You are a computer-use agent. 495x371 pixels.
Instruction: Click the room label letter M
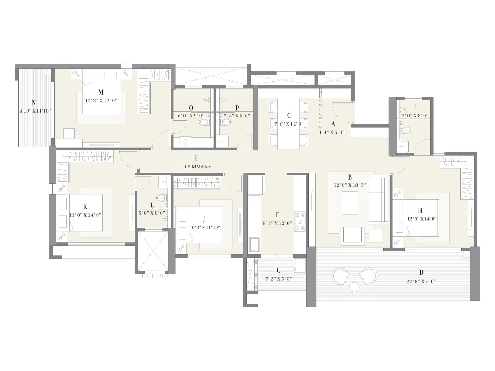pos(101,92)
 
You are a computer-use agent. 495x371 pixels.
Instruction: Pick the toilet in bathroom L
pos(162,198)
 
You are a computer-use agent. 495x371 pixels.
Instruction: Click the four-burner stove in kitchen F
pos(299,221)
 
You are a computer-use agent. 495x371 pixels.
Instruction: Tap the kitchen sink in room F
pos(254,245)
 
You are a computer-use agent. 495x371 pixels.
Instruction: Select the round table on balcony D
pos(355,287)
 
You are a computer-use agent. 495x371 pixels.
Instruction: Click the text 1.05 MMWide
pos(196,167)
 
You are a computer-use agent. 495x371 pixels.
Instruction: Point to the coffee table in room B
pos(350,203)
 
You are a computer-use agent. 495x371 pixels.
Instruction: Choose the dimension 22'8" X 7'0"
pos(421,281)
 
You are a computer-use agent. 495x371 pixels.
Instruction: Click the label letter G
pos(278,271)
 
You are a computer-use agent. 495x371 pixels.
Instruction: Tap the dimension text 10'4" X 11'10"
pos(204,228)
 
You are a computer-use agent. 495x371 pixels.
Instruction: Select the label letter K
pos(85,207)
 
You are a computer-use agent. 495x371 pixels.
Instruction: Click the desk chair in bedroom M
pos(69,133)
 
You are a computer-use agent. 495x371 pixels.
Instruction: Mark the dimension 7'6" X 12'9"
pos(289,124)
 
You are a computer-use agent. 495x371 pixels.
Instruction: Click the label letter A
pos(333,124)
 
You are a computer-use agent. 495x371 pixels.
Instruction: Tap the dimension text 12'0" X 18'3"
pos(350,185)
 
